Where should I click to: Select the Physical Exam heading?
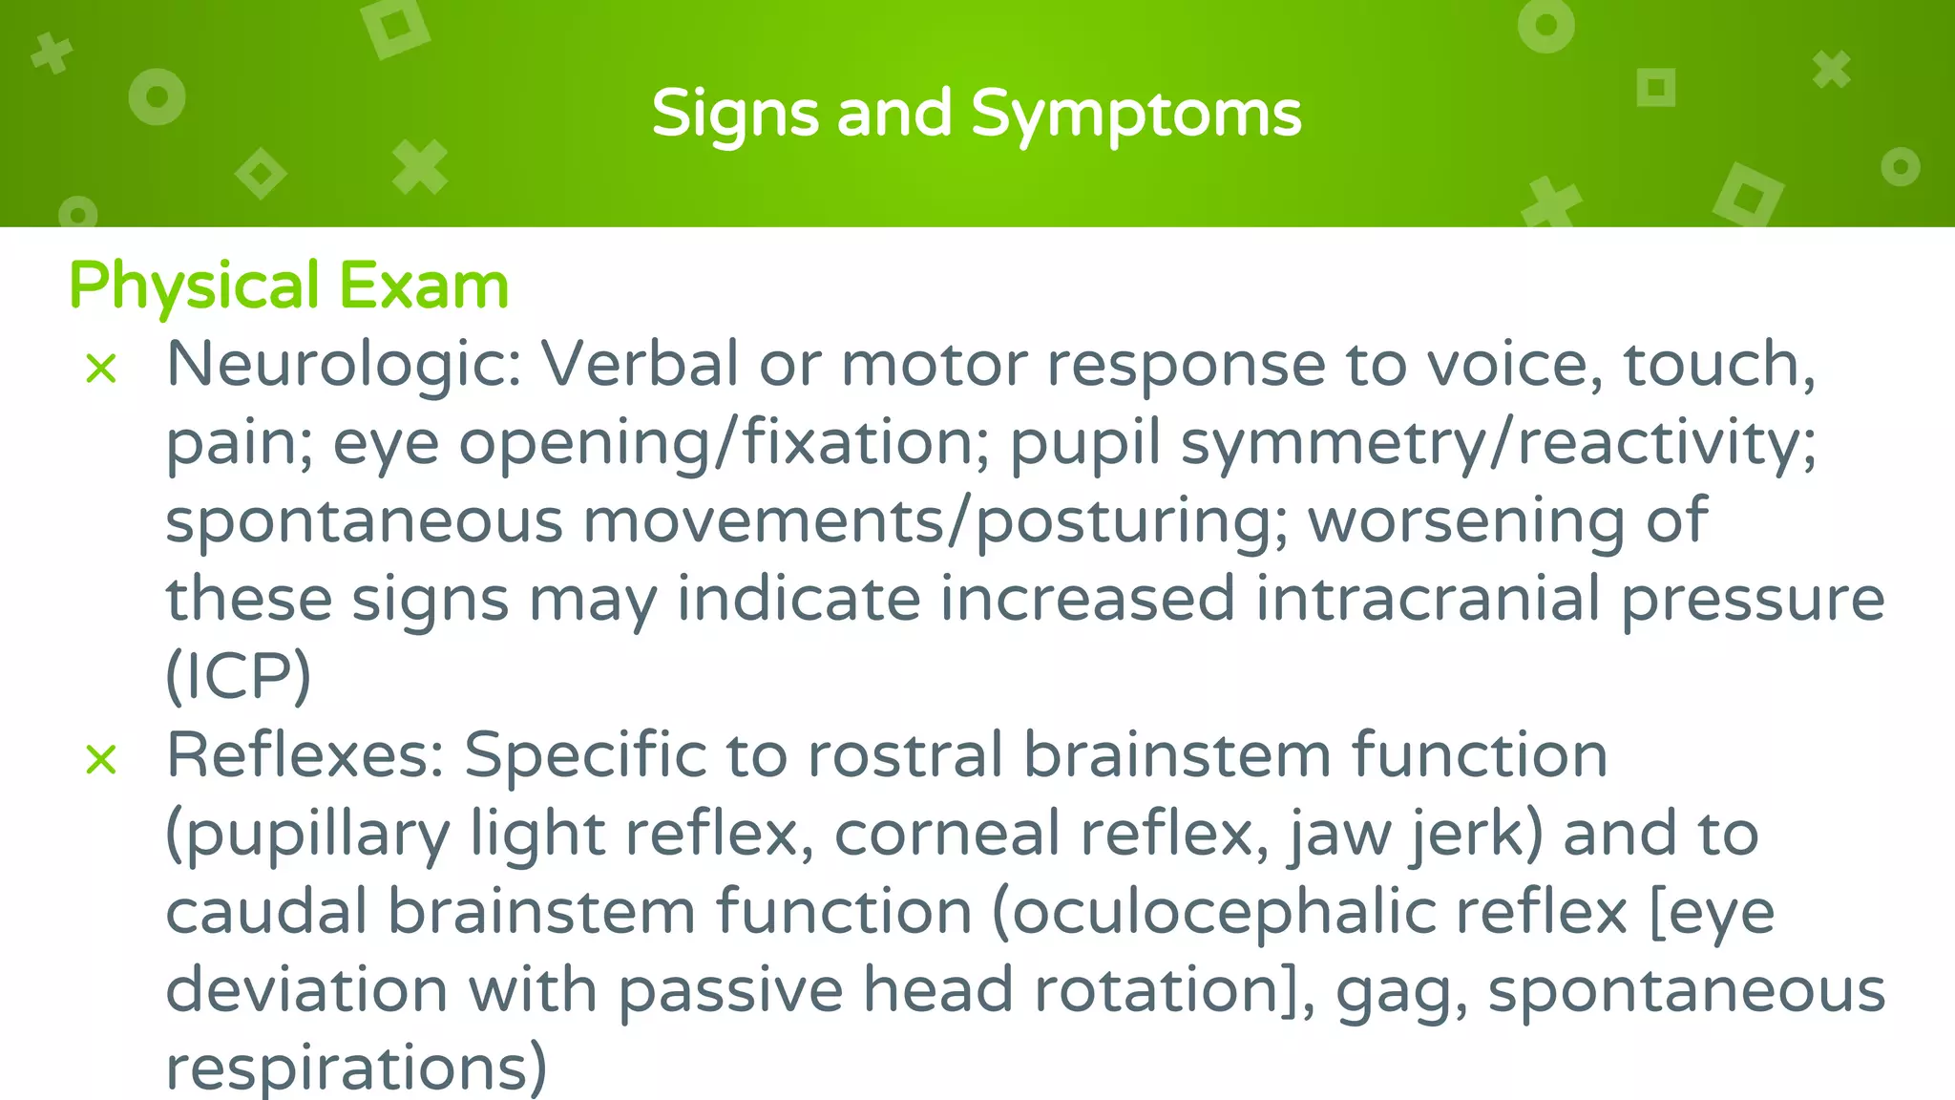[x=289, y=286]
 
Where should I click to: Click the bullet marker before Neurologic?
[x=101, y=369]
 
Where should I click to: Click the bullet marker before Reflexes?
[x=101, y=760]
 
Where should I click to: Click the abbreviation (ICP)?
[x=239, y=676]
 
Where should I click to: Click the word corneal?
[x=946, y=834]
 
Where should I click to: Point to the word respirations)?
[x=356, y=1068]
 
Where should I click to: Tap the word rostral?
[x=905, y=756]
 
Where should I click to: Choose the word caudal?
[x=266, y=912]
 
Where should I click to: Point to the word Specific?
[x=584, y=756]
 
